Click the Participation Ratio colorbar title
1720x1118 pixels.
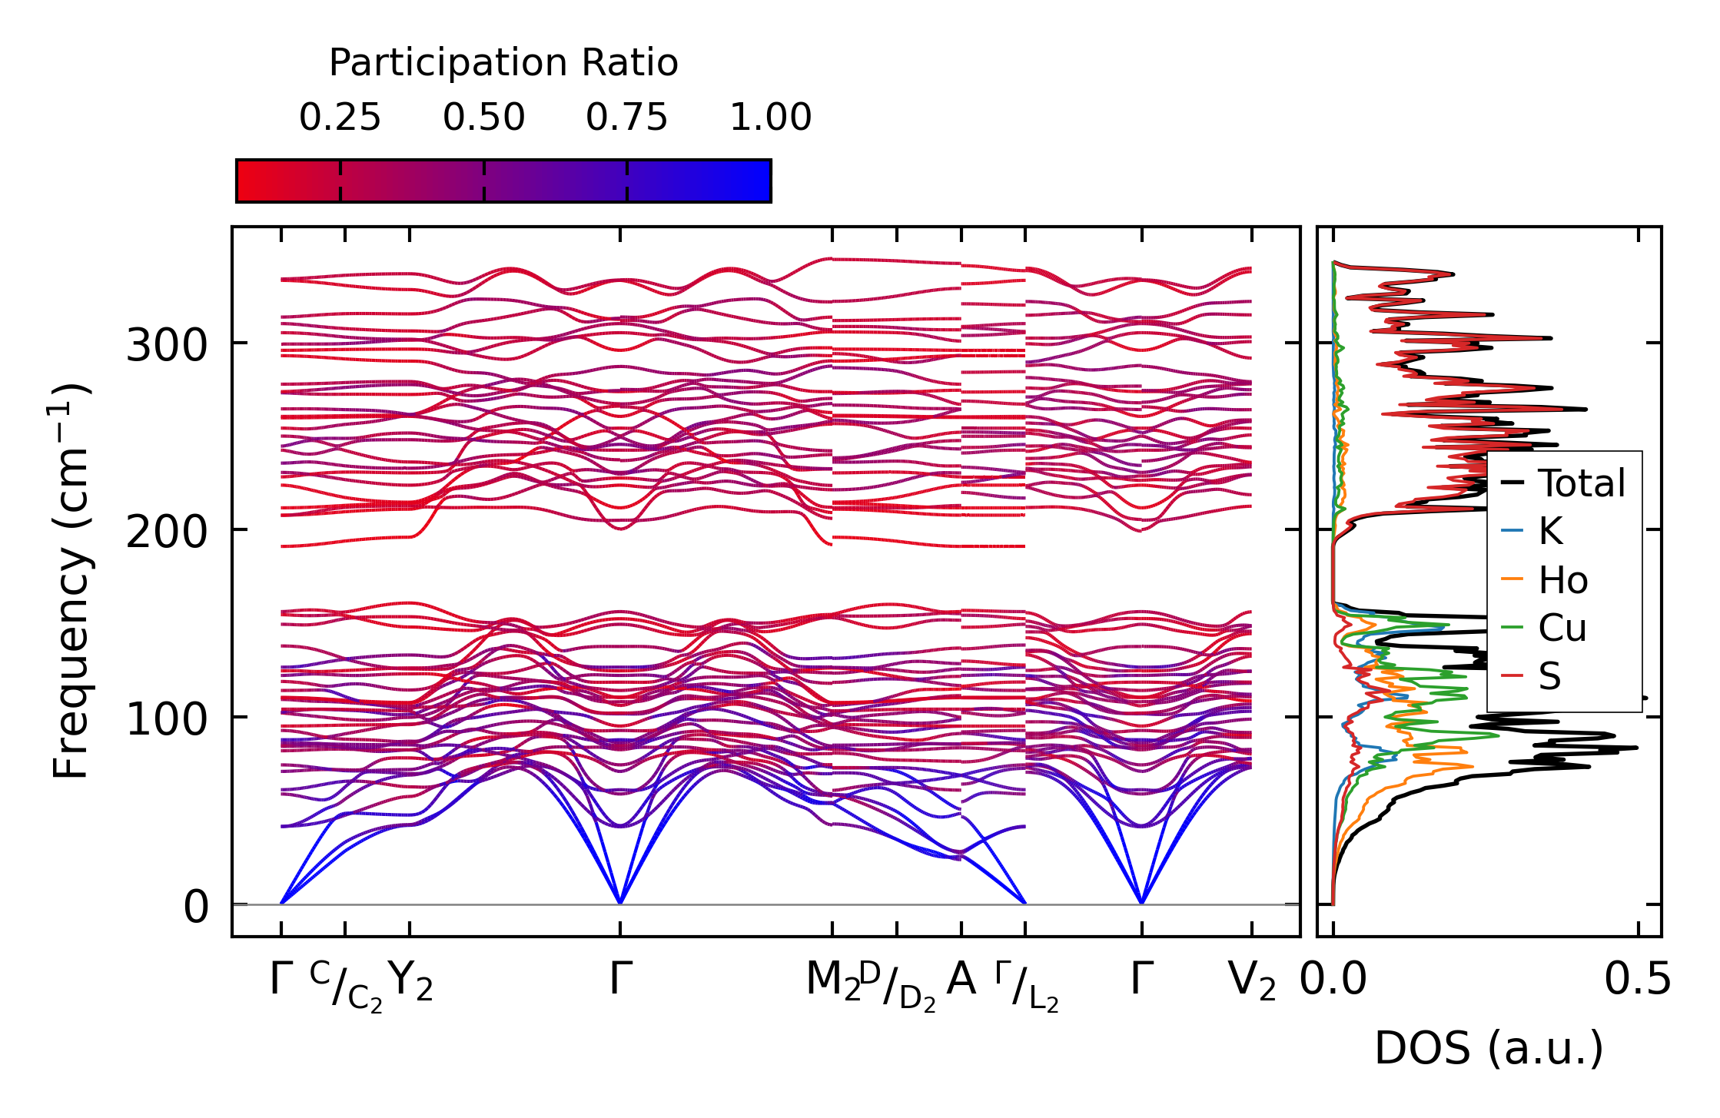coord(503,63)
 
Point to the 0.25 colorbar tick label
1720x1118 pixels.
coord(340,118)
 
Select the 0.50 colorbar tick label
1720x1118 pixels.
coord(483,118)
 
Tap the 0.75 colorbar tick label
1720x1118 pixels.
coord(626,118)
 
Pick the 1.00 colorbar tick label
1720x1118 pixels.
coord(770,118)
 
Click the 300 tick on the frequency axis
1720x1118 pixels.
coord(167,345)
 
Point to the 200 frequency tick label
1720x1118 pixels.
coord(167,532)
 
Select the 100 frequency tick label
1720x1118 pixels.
coord(167,719)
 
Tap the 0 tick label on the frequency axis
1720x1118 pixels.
coord(196,907)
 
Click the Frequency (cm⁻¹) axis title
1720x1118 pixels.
coord(71,581)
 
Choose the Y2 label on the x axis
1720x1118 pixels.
coord(410,981)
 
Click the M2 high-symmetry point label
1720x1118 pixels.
coord(832,981)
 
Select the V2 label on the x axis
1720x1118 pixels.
coord(1252,981)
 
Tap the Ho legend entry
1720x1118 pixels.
coord(1562,580)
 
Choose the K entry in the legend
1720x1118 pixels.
coord(1550,532)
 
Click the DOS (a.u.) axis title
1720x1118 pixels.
coord(1489,1049)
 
